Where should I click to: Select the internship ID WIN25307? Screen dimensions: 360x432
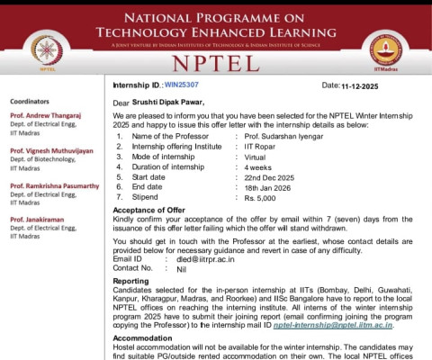(x=183, y=85)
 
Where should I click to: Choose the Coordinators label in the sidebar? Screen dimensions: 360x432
(x=31, y=102)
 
